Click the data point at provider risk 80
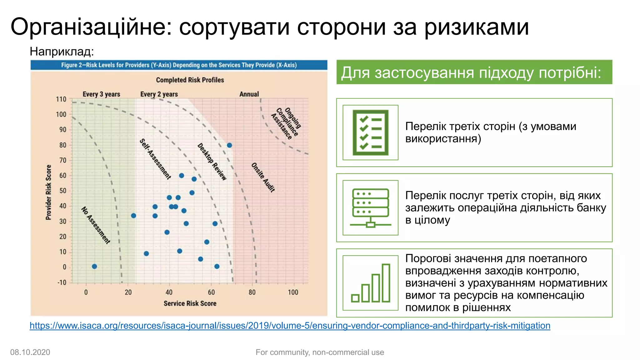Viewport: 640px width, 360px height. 229,145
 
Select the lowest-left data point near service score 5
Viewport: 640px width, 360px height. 94,267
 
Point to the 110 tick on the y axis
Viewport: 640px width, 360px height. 61,99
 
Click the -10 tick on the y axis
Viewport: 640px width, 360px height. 62,282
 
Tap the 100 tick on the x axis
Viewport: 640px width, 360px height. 293,292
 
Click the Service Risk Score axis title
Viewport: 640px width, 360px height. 190,303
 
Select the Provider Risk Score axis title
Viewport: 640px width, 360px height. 48,192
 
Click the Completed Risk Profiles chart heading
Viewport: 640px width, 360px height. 190,80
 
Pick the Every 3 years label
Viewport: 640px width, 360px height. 101,94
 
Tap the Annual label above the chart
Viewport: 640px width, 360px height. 249,94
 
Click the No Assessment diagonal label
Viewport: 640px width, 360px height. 96,225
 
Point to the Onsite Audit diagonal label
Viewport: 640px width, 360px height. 263,177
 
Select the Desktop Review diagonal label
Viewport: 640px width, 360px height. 212,162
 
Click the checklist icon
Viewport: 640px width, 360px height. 370,132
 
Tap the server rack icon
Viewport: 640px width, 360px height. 370,208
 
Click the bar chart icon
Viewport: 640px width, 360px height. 370,283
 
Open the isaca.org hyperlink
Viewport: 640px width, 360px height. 290,326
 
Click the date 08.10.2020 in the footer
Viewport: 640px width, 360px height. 30,352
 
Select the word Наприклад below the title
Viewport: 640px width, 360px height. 62,52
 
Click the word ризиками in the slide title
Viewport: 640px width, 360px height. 476,27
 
